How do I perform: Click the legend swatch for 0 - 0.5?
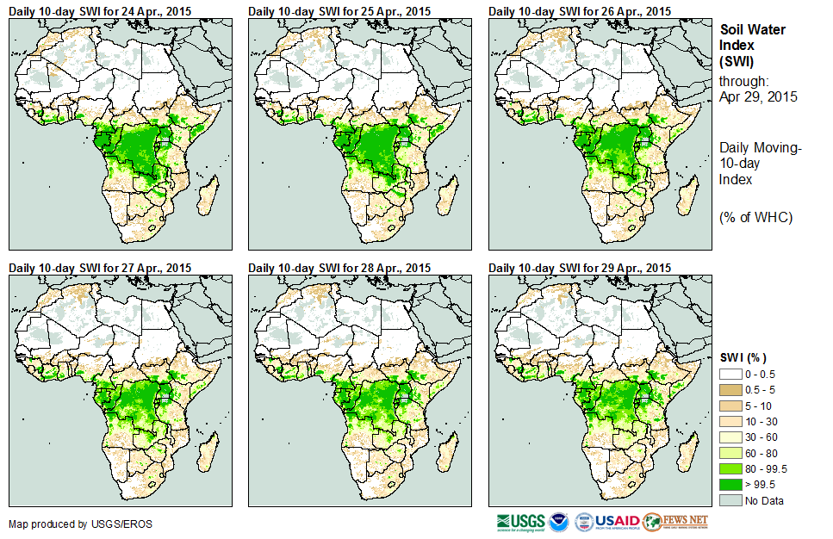730,375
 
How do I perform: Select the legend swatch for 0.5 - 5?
730,390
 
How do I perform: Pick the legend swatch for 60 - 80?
730,453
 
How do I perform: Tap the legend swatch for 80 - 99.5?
730,468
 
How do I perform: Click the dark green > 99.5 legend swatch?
730,484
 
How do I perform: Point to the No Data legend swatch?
730,500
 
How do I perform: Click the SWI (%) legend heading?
743,357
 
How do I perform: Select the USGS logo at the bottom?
520,522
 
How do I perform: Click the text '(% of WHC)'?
755,217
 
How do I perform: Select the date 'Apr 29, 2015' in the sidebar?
758,96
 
